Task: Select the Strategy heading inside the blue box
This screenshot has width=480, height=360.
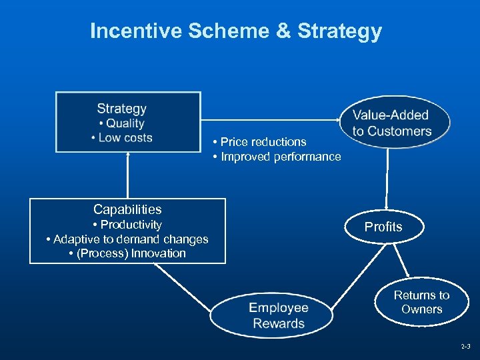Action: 121,109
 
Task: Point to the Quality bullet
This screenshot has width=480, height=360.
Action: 121,123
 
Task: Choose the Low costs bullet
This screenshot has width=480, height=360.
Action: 122,138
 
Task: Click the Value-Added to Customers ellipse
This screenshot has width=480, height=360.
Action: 392,123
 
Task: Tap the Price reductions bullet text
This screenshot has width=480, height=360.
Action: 260,142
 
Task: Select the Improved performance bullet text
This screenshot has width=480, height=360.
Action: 277,157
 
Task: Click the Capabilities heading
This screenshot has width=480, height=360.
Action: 127,209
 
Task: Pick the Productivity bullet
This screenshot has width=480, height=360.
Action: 127,225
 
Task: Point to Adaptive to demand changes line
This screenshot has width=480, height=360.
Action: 127,239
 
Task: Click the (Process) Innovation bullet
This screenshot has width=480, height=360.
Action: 127,253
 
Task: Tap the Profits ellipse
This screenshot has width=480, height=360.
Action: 383,227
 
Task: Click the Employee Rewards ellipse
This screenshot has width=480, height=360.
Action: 279,316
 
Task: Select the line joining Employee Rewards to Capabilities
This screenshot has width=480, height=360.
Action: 183,287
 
